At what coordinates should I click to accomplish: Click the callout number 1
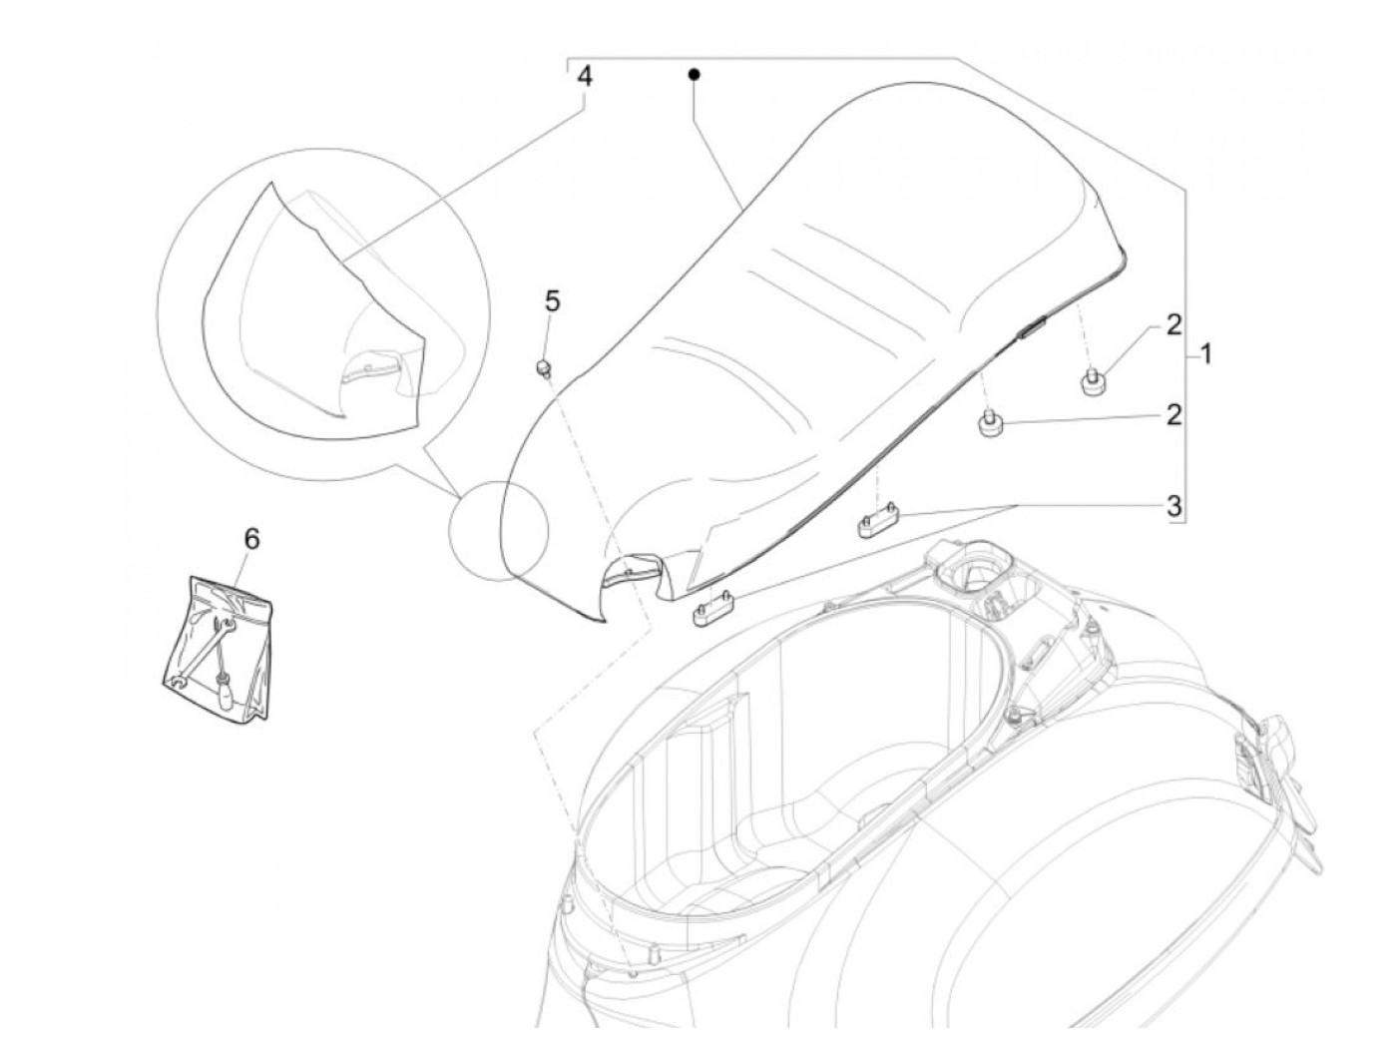(x=1205, y=354)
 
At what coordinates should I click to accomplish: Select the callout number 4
(x=584, y=77)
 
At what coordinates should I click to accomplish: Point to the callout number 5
(x=552, y=300)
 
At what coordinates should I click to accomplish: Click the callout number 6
(x=251, y=539)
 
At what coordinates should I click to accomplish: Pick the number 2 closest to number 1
(x=1173, y=324)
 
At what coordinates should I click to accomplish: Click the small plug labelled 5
(x=545, y=369)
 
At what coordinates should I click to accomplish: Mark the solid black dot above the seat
(x=694, y=73)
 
